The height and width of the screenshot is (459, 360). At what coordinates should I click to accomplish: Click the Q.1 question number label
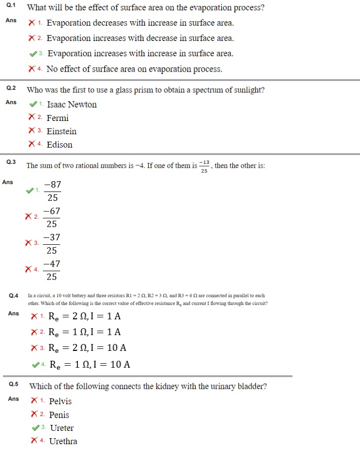coord(11,7)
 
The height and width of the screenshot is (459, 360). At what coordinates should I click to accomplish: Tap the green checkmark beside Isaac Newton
coord(33,104)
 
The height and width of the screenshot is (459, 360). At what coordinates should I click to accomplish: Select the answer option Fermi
coord(57,118)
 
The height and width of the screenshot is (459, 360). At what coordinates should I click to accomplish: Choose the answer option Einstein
coord(62,131)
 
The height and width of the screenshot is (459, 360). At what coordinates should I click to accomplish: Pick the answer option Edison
coord(59,145)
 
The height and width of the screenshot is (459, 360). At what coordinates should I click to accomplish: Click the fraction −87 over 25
coord(53,191)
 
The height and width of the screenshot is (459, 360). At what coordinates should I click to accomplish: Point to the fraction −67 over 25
coord(52,217)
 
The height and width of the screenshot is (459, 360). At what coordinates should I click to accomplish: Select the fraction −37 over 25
coord(52,243)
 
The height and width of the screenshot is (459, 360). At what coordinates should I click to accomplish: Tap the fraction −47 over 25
coord(52,270)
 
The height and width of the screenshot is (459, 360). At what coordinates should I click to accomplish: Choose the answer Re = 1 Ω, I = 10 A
coord(90,365)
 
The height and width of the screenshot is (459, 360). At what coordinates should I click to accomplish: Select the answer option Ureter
coord(62,428)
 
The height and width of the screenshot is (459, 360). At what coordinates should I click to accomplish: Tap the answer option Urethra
coord(63,441)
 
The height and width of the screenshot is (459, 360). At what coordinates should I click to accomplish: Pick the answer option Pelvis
coord(60,401)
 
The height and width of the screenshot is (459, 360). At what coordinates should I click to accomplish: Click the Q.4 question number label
coord(13,296)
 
